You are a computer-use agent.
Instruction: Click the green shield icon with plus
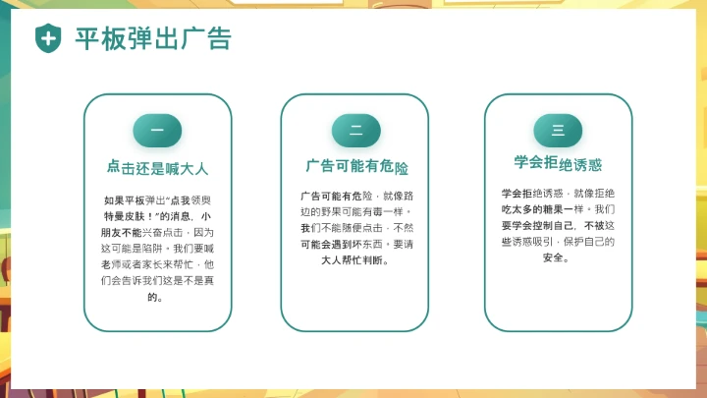[48, 38]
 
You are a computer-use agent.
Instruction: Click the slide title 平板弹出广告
[153, 38]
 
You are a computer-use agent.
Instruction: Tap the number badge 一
[157, 130]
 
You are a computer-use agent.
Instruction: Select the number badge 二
[356, 130]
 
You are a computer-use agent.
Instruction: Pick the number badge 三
[558, 130]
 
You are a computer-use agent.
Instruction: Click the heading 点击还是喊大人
[157, 167]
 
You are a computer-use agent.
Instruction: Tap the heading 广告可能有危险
[356, 166]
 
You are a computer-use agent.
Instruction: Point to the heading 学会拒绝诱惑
[558, 163]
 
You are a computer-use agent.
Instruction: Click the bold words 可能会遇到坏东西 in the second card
[343, 245]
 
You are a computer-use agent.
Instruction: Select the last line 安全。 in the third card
[558, 257]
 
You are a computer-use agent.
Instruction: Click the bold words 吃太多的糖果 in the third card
[535, 209]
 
